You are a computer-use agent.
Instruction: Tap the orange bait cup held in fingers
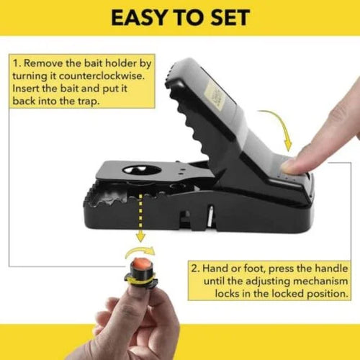pos(140,270)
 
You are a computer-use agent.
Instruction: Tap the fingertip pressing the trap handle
pos(292,165)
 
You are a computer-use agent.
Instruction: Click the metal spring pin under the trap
pos(210,213)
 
